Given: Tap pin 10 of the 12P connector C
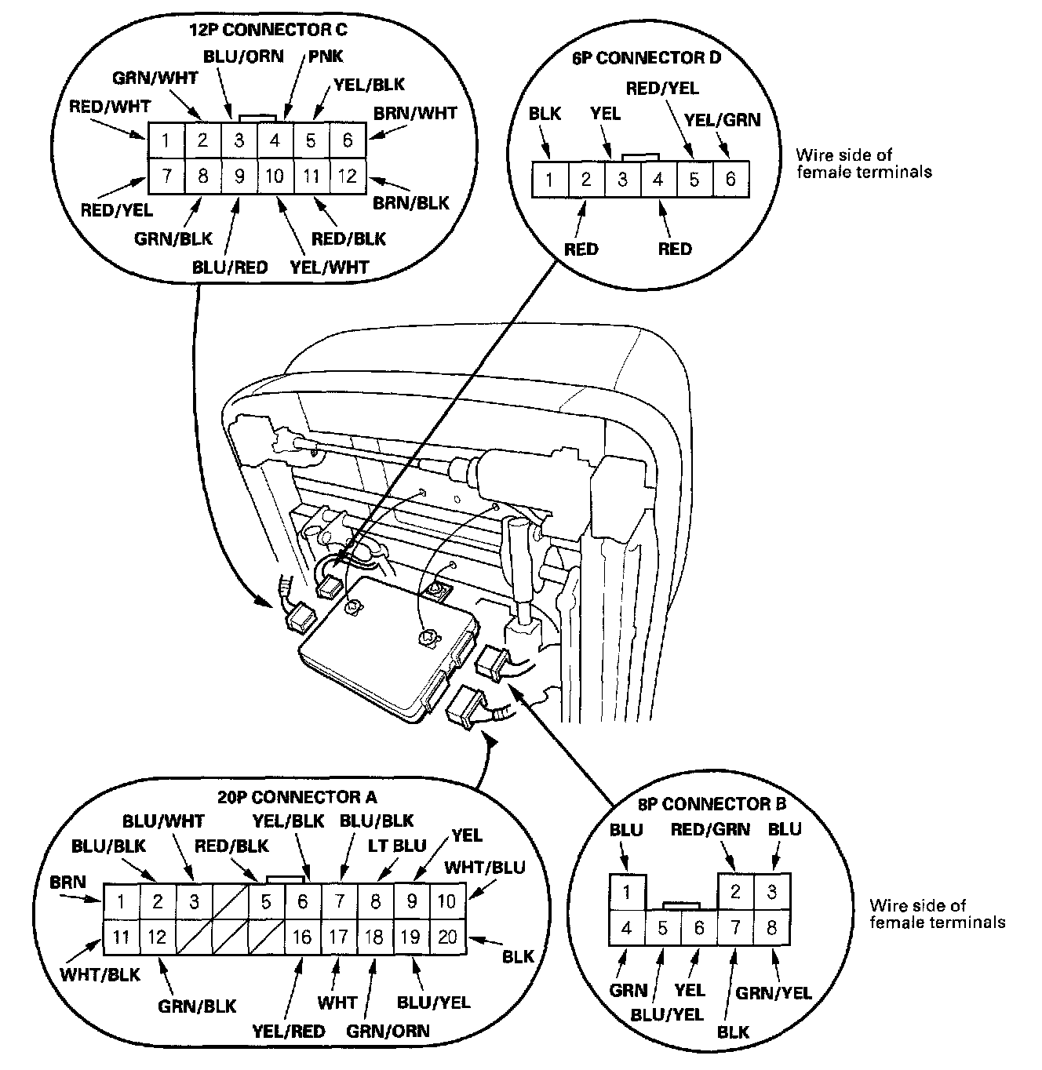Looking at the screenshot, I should click(x=275, y=177).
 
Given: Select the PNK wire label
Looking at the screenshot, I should click(x=326, y=56).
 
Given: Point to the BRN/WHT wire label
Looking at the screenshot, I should click(x=415, y=114).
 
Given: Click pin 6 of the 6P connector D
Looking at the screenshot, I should click(x=730, y=180).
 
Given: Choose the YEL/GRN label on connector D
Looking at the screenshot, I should click(x=722, y=120).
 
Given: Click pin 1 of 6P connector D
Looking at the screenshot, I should click(x=550, y=180).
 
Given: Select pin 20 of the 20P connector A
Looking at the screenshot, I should click(x=446, y=937).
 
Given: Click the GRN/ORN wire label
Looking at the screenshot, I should click(x=388, y=1029).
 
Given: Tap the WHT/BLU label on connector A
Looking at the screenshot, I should click(x=484, y=868).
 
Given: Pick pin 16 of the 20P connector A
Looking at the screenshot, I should click(x=302, y=937).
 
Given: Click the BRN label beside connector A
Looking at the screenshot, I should click(x=67, y=883).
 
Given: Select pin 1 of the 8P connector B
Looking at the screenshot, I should click(x=627, y=892).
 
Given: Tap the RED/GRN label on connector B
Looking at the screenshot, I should click(x=709, y=830).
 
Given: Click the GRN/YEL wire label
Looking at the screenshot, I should click(x=774, y=993).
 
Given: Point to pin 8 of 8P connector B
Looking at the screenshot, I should click(x=771, y=929).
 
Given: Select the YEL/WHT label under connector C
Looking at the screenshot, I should click(x=330, y=267).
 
